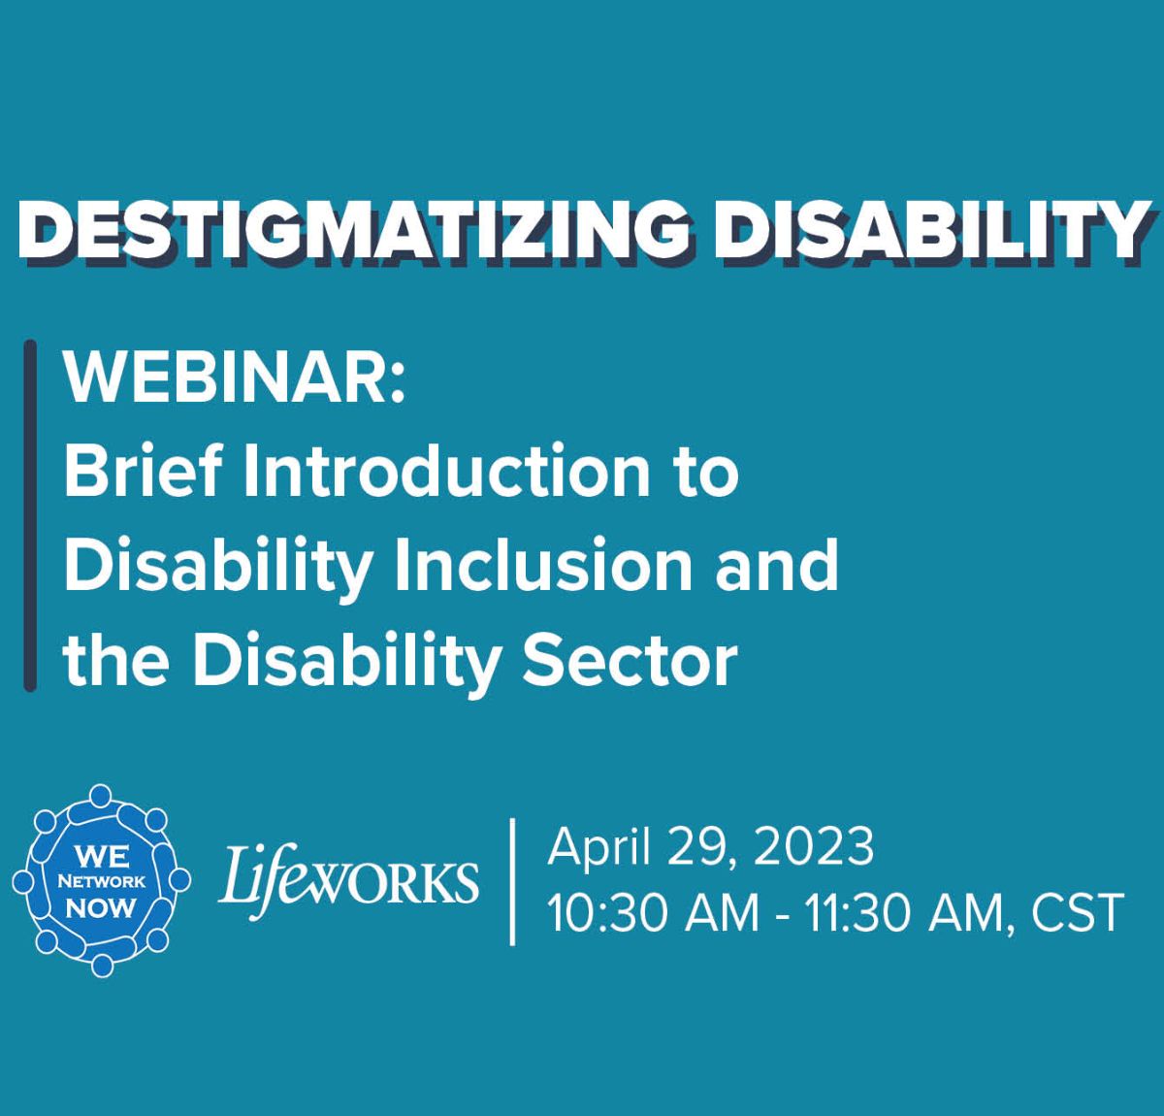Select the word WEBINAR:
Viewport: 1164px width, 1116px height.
coord(235,380)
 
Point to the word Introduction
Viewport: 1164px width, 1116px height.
coord(446,470)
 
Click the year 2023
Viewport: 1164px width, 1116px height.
coord(814,847)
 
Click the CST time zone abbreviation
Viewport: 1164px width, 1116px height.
coord(1076,913)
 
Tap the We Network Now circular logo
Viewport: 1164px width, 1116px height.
coord(102,880)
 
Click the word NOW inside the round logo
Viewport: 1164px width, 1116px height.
coord(101,908)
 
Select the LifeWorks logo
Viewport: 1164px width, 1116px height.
coord(348,881)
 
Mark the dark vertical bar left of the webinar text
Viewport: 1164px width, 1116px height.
coord(30,516)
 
